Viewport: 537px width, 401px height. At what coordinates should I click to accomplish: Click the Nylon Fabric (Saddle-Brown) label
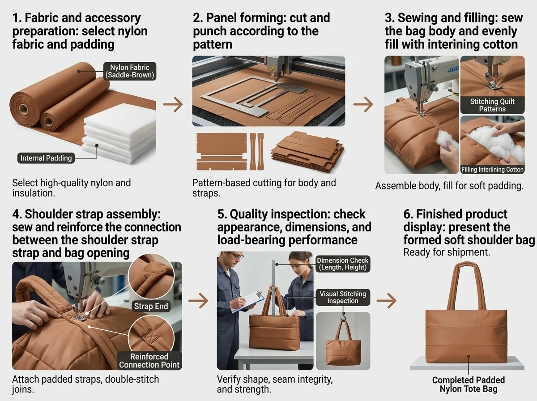tap(130, 71)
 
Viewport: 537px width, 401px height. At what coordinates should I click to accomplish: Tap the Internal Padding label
tap(46, 158)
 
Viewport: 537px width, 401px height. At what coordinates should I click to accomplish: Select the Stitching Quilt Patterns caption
tap(492, 105)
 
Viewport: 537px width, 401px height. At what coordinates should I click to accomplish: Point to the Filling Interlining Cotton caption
tap(492, 170)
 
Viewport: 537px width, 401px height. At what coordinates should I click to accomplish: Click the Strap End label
tap(151, 306)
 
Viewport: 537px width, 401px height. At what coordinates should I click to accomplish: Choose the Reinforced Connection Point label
tap(149, 361)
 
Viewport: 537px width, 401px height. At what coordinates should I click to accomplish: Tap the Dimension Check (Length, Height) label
tap(343, 264)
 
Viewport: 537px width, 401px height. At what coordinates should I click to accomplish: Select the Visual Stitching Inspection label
tap(343, 297)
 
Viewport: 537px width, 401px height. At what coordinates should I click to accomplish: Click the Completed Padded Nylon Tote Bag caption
tap(469, 384)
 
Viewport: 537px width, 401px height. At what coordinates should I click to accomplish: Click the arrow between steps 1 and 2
tap(173, 104)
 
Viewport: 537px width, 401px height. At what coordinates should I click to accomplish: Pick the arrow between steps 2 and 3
tap(363, 104)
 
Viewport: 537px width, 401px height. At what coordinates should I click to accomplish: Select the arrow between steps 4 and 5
tap(198, 300)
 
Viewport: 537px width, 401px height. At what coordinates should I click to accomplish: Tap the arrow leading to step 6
tap(387, 300)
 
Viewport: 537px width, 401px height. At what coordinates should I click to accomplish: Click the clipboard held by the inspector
tap(248, 302)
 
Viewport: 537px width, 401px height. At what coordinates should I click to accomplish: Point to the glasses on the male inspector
tap(236, 256)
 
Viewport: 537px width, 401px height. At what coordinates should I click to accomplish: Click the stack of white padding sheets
tap(120, 133)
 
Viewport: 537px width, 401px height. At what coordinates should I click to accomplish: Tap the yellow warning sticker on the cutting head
tap(272, 68)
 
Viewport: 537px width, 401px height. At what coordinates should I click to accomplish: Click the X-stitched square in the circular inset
tap(150, 337)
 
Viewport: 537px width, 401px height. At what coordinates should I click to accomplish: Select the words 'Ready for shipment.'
tap(447, 252)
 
